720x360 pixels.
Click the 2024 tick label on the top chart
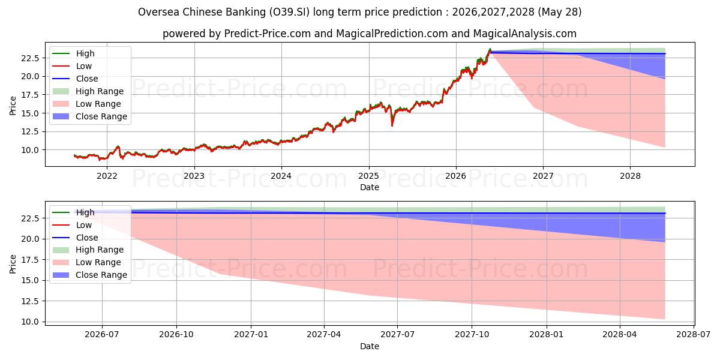click(x=281, y=176)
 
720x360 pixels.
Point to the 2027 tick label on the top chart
click(x=543, y=176)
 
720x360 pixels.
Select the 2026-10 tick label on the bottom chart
click(x=176, y=335)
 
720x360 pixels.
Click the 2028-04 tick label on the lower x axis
click(x=620, y=335)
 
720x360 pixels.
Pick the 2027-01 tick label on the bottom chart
click(x=251, y=335)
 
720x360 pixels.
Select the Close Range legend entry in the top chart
click(x=90, y=116)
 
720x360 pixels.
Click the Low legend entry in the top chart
click(x=72, y=66)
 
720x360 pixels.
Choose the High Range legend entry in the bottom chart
click(x=88, y=250)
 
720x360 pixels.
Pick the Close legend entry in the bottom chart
click(x=75, y=238)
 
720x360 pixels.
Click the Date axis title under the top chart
click(x=370, y=187)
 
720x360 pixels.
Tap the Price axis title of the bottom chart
click(x=13, y=264)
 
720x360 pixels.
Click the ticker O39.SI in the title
click(x=289, y=12)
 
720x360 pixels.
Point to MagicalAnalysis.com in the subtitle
click(x=524, y=34)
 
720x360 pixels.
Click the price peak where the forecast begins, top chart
click(x=490, y=49)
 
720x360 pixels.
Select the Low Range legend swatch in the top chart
click(x=61, y=104)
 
